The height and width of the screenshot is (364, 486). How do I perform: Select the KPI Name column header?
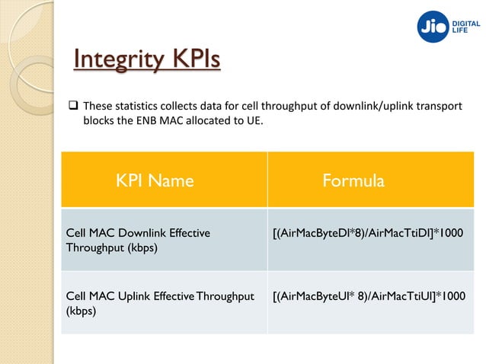click(155, 180)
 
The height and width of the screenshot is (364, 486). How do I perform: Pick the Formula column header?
click(353, 180)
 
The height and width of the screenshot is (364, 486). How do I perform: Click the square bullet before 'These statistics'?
click(65, 104)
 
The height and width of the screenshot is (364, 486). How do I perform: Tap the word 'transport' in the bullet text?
click(440, 104)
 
